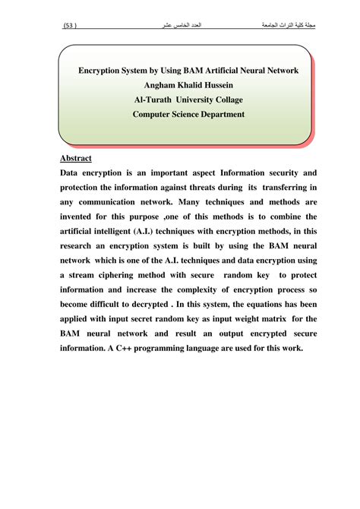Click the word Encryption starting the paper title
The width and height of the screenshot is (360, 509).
(x=107, y=70)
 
